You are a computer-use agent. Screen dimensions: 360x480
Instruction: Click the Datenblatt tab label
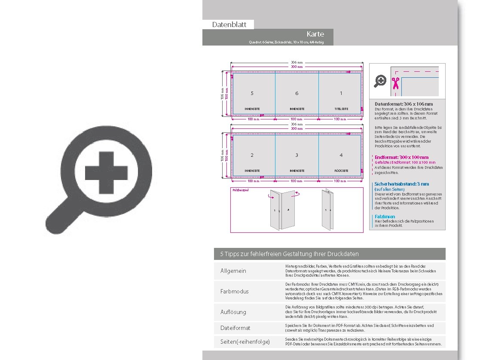pyautogui.click(x=229, y=25)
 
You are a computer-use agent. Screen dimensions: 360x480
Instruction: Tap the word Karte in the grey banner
pyautogui.click(x=315, y=34)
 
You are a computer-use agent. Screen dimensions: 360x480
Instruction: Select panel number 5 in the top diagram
pyautogui.click(x=252, y=93)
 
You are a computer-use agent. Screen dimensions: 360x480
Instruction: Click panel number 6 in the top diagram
pyautogui.click(x=297, y=93)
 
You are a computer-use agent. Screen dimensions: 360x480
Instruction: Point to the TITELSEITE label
pyautogui.click(x=341, y=109)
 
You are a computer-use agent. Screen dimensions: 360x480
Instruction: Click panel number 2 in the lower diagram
pyautogui.click(x=252, y=155)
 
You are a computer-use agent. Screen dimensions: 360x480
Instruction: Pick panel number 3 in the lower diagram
pyautogui.click(x=297, y=155)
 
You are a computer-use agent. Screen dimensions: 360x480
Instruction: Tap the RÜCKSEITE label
pyautogui.click(x=341, y=171)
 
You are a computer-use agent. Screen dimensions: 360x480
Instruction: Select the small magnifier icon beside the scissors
pyautogui.click(x=380, y=81)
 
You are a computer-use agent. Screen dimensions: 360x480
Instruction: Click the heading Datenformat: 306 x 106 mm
pyautogui.click(x=404, y=104)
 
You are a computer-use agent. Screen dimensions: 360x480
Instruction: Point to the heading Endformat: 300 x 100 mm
pyautogui.click(x=401, y=157)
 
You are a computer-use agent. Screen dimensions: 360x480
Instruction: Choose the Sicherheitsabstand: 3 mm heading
pyautogui.click(x=401, y=184)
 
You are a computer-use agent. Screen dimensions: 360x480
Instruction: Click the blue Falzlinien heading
pyautogui.click(x=385, y=217)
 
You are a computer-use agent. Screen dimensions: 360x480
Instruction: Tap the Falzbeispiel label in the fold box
pyautogui.click(x=241, y=190)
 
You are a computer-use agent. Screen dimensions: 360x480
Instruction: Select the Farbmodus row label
pyautogui.click(x=235, y=292)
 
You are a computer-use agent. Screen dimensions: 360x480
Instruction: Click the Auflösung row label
pyautogui.click(x=233, y=312)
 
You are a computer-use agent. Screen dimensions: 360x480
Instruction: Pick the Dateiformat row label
pyautogui.click(x=235, y=328)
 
